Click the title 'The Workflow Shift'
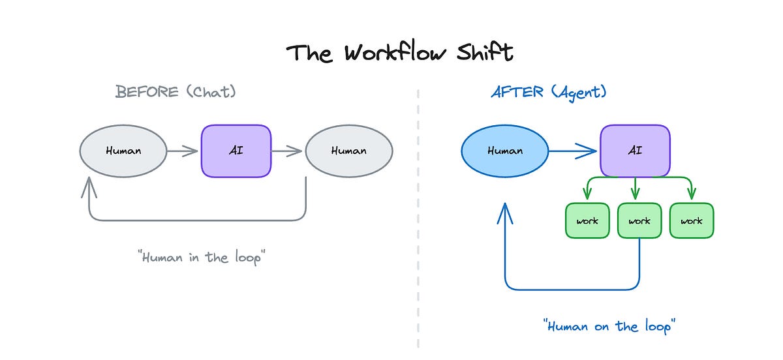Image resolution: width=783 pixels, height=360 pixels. [400, 53]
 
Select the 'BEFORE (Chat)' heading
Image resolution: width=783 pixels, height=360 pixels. [176, 92]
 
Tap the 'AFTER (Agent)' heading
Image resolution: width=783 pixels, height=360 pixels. [549, 92]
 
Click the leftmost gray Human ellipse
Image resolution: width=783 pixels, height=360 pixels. [123, 151]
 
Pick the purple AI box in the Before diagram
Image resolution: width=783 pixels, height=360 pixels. [236, 151]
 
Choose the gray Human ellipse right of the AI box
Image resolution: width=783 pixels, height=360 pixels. [348, 151]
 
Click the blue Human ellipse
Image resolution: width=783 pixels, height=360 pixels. [505, 151]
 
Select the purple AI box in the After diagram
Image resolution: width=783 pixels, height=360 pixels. [635, 151]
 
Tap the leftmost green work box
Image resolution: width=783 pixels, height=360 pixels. [587, 220]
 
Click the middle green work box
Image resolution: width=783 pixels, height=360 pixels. [639, 220]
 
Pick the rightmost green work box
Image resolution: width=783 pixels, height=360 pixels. [692, 220]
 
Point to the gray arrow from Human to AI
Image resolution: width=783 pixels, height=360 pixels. [183, 151]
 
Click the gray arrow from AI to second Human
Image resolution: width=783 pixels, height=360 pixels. [287, 151]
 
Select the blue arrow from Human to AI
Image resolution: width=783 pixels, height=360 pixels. [572, 151]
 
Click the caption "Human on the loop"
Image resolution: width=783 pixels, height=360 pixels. [607, 325]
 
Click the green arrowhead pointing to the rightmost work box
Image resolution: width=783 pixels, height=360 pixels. [692, 194]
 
